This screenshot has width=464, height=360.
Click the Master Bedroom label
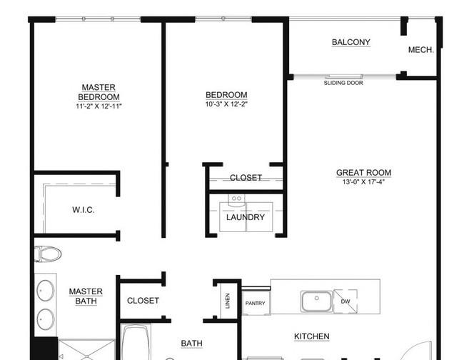pos(99,92)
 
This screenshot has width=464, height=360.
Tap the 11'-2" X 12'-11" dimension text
pos(99,106)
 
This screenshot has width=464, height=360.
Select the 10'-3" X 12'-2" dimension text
pos(226,104)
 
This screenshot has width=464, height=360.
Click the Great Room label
pos(363,173)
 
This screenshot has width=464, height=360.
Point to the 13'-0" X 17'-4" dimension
pos(363,181)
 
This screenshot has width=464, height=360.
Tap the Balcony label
pos(351,42)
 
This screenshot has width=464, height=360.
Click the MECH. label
pos(420,50)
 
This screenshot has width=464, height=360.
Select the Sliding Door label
pos(343,83)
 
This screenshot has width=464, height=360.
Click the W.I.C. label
pos(84,210)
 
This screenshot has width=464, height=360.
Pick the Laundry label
pos(246,217)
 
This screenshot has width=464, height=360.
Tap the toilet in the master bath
pos(48,254)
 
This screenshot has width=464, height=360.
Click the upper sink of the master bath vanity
pos(46,291)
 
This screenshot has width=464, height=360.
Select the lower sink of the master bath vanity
pos(46,319)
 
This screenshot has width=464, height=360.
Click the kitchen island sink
pos(316,301)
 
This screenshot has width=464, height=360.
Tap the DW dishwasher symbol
pos(346,301)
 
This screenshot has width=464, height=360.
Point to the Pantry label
pos(255,303)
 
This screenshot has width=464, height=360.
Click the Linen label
pos(228,301)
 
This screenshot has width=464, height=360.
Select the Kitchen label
pos(312,336)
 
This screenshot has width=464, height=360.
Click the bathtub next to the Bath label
pos(135,343)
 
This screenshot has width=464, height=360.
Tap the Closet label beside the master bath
pos(143,301)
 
